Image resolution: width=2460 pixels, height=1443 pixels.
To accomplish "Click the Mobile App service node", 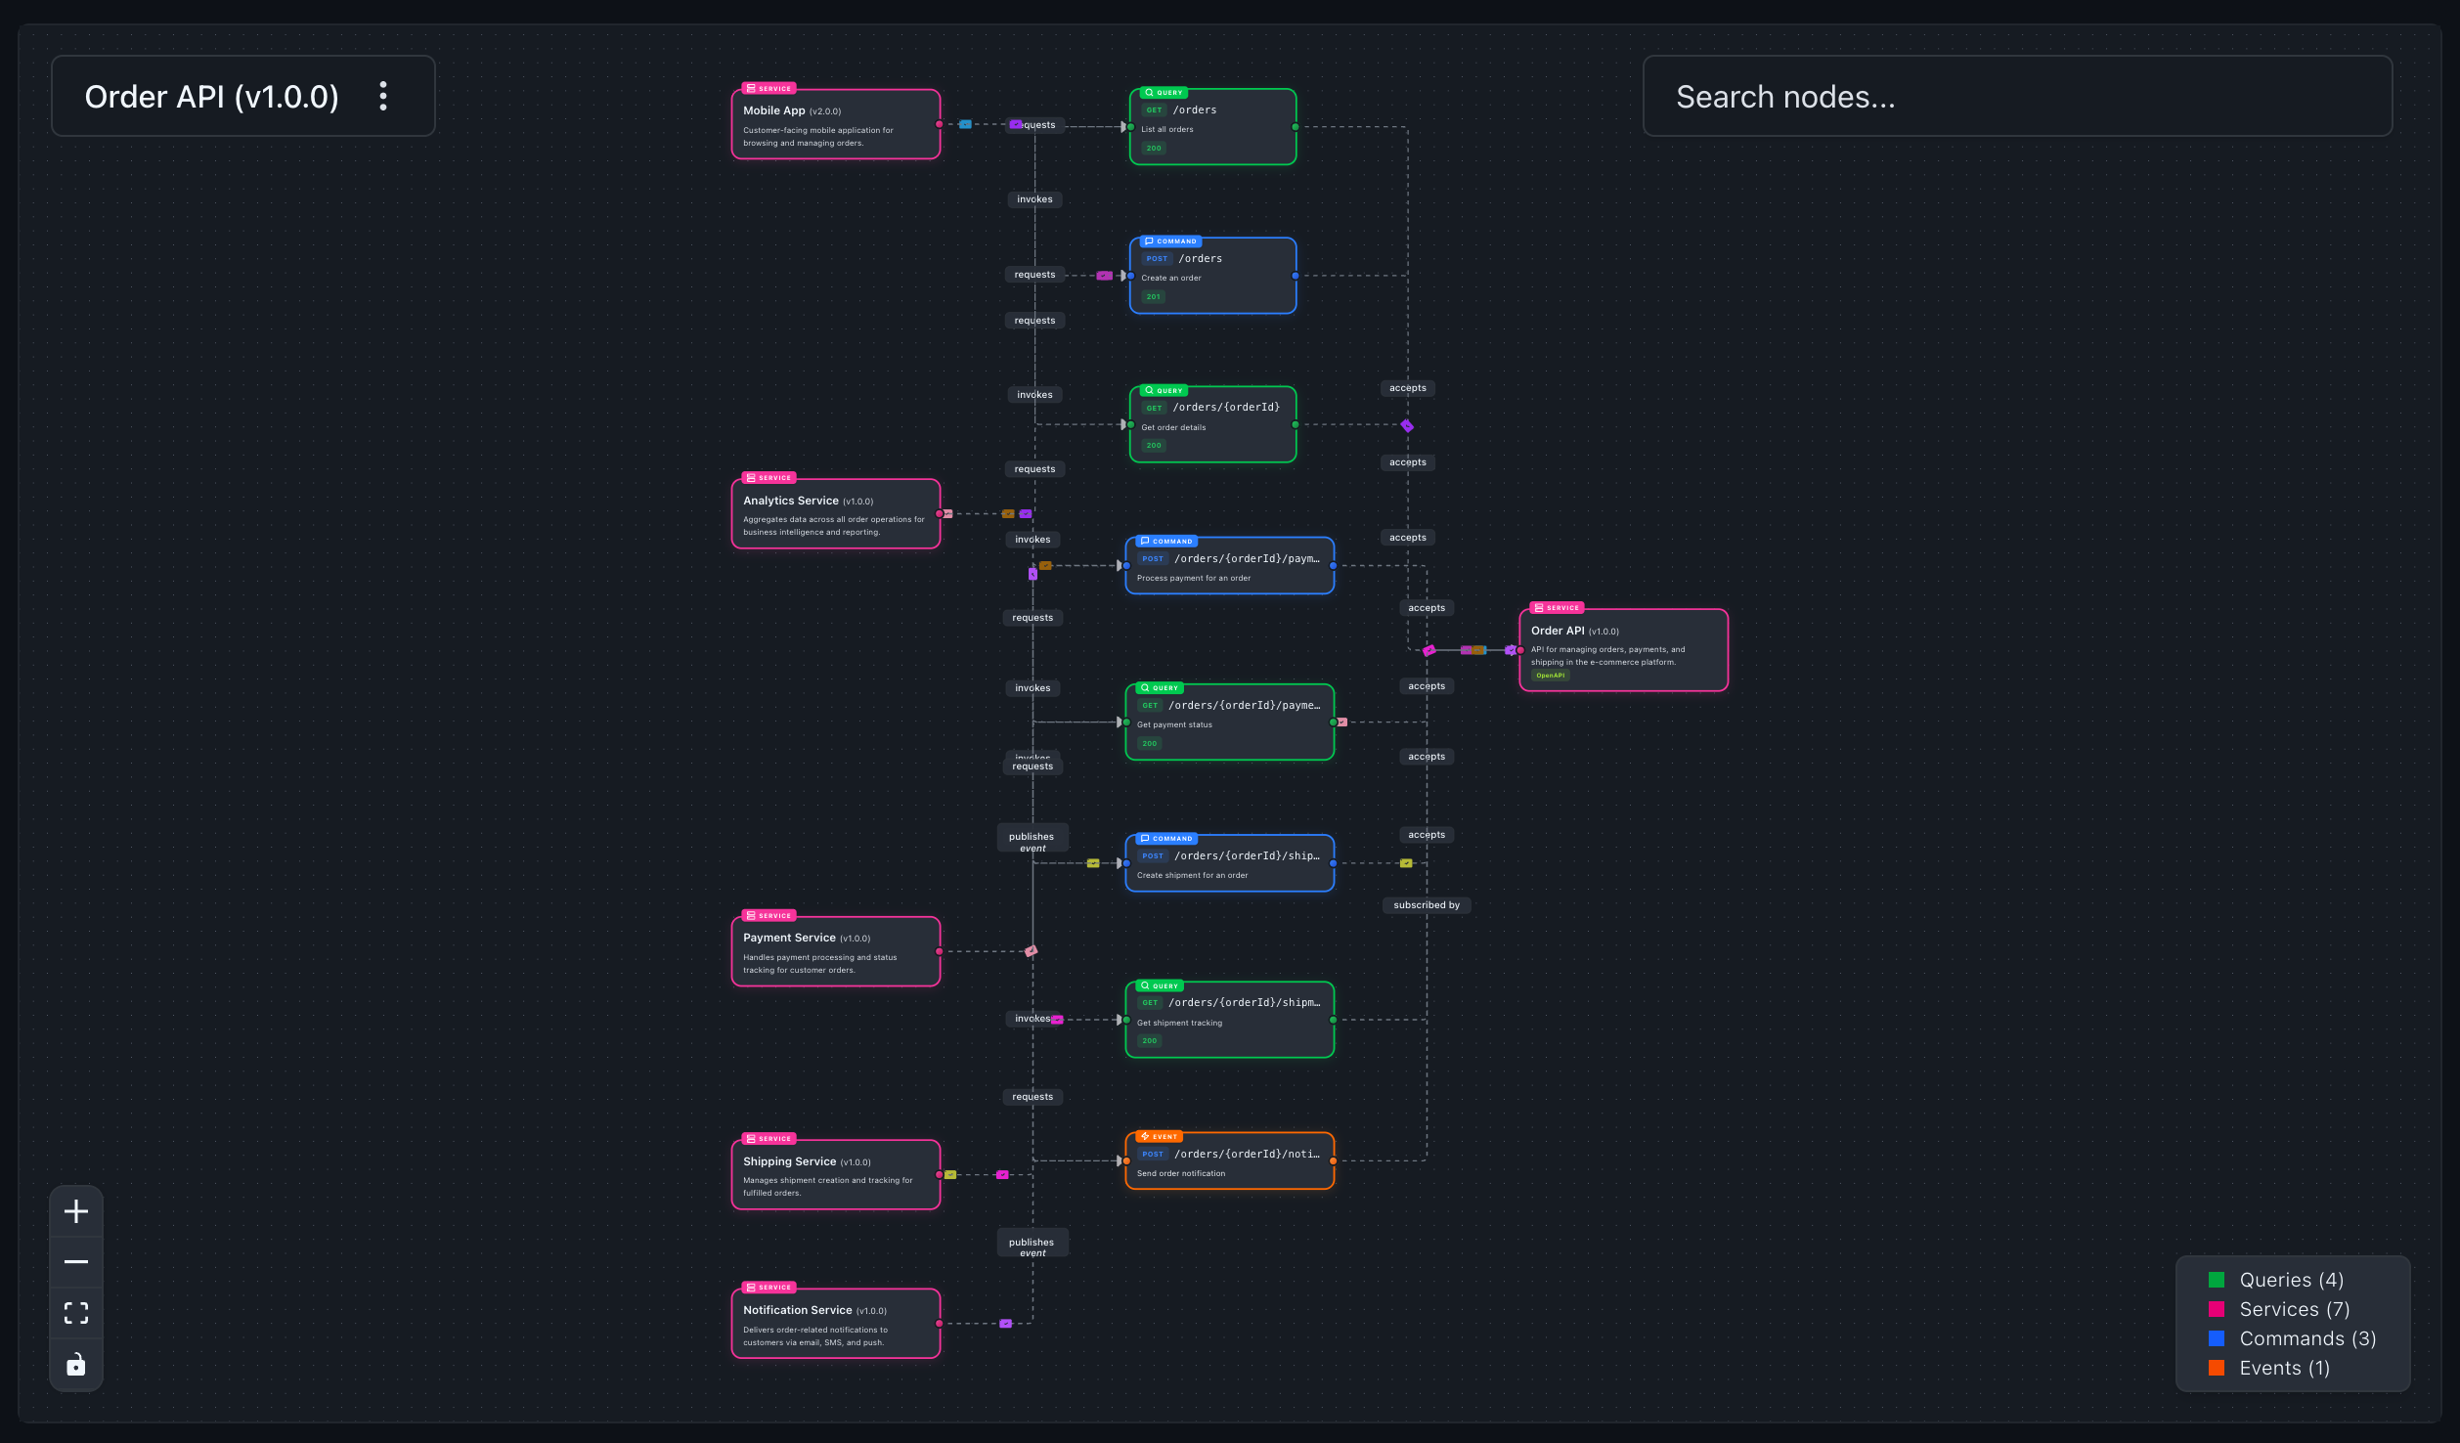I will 835,124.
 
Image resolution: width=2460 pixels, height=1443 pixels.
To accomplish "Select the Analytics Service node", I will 835,514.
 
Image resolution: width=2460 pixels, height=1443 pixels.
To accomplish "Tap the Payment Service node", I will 835,952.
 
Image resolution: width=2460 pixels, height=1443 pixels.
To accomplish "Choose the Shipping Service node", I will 835,1175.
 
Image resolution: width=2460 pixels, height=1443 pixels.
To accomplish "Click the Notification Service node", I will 835,1324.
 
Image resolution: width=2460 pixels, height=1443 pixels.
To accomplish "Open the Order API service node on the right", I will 1623,650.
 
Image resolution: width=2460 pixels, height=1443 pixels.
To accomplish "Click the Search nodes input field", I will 2016,97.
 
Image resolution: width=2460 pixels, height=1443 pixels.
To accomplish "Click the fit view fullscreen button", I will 76,1313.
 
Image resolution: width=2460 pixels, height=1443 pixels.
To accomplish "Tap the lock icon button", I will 76,1364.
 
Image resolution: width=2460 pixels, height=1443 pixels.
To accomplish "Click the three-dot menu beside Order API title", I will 383,96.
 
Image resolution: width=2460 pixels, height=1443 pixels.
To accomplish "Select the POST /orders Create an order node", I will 1212,276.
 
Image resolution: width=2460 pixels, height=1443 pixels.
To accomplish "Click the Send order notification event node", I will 1229,1161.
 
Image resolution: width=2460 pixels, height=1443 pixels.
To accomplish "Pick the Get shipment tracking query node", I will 1229,1020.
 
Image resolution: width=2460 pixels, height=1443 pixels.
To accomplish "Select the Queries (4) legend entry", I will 2289,1280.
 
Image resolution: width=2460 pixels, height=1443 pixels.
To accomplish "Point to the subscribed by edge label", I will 1426,905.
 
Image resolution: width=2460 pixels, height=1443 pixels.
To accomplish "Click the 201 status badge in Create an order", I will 1154,297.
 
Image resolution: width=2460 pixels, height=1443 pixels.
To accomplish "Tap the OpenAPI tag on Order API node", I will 1550,676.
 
